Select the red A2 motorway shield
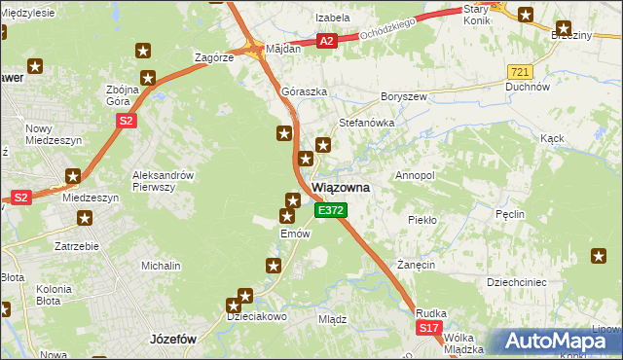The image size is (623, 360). pos(327,41)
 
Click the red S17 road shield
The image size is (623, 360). pos(430,330)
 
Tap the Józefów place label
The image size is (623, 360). pos(174,340)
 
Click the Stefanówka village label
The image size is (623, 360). pos(365,124)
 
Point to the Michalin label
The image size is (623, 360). pos(161,266)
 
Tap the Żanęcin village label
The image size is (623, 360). pos(415,265)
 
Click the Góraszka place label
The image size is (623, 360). pos(302,91)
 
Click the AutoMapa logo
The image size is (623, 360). pos(560,342)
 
